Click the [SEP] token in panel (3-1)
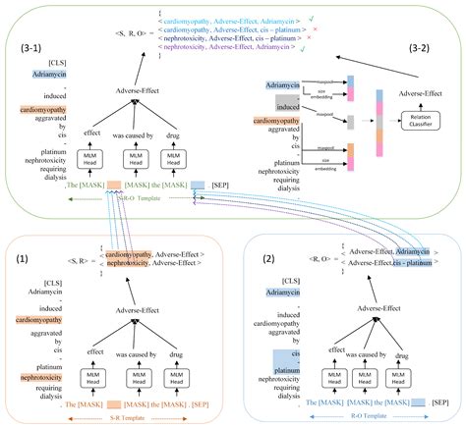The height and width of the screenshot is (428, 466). pyautogui.click(x=225, y=184)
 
